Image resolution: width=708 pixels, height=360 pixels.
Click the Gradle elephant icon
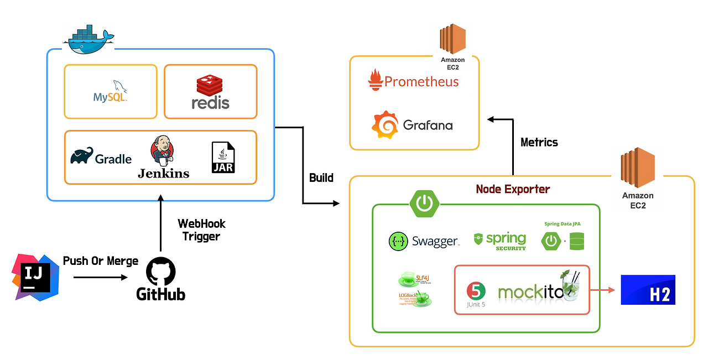(x=82, y=156)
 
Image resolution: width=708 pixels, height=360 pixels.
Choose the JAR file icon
(x=223, y=158)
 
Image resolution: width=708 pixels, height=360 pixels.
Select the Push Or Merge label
(x=101, y=261)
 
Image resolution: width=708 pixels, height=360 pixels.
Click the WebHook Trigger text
(x=201, y=230)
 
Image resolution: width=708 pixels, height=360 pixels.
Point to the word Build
(x=321, y=178)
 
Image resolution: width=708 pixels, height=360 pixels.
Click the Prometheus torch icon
(x=376, y=81)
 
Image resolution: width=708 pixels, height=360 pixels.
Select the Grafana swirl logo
(x=385, y=124)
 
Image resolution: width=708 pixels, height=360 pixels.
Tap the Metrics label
(x=539, y=142)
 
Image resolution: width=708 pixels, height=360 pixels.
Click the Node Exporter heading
(x=513, y=189)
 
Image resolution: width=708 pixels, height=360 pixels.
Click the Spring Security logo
(x=500, y=241)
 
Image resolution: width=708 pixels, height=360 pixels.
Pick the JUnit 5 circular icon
(x=476, y=291)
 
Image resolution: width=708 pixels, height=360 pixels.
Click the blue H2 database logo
(x=648, y=290)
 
